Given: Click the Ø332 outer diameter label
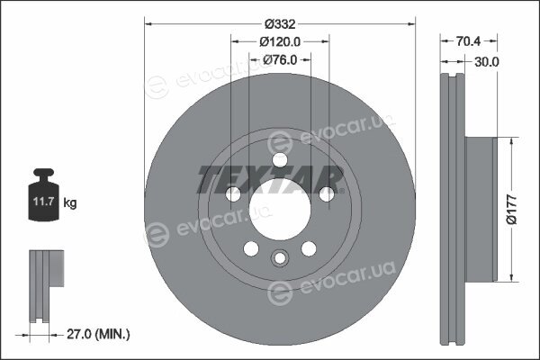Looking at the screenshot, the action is pyautogui.click(x=280, y=24).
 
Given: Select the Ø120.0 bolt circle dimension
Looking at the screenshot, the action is pyautogui.click(x=280, y=41).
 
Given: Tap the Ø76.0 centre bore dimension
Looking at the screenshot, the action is pyautogui.click(x=280, y=60).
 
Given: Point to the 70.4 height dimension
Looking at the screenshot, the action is pyautogui.click(x=468, y=41).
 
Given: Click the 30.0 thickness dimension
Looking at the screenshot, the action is pyautogui.click(x=487, y=62).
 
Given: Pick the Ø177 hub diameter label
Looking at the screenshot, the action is pyautogui.click(x=512, y=210).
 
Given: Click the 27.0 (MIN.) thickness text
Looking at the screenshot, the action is pyautogui.click(x=98, y=334).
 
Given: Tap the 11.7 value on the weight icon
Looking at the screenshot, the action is pyautogui.click(x=44, y=202).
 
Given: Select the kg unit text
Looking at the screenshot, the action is pyautogui.click(x=70, y=202).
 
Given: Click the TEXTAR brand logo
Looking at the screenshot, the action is pyautogui.click(x=270, y=179).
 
